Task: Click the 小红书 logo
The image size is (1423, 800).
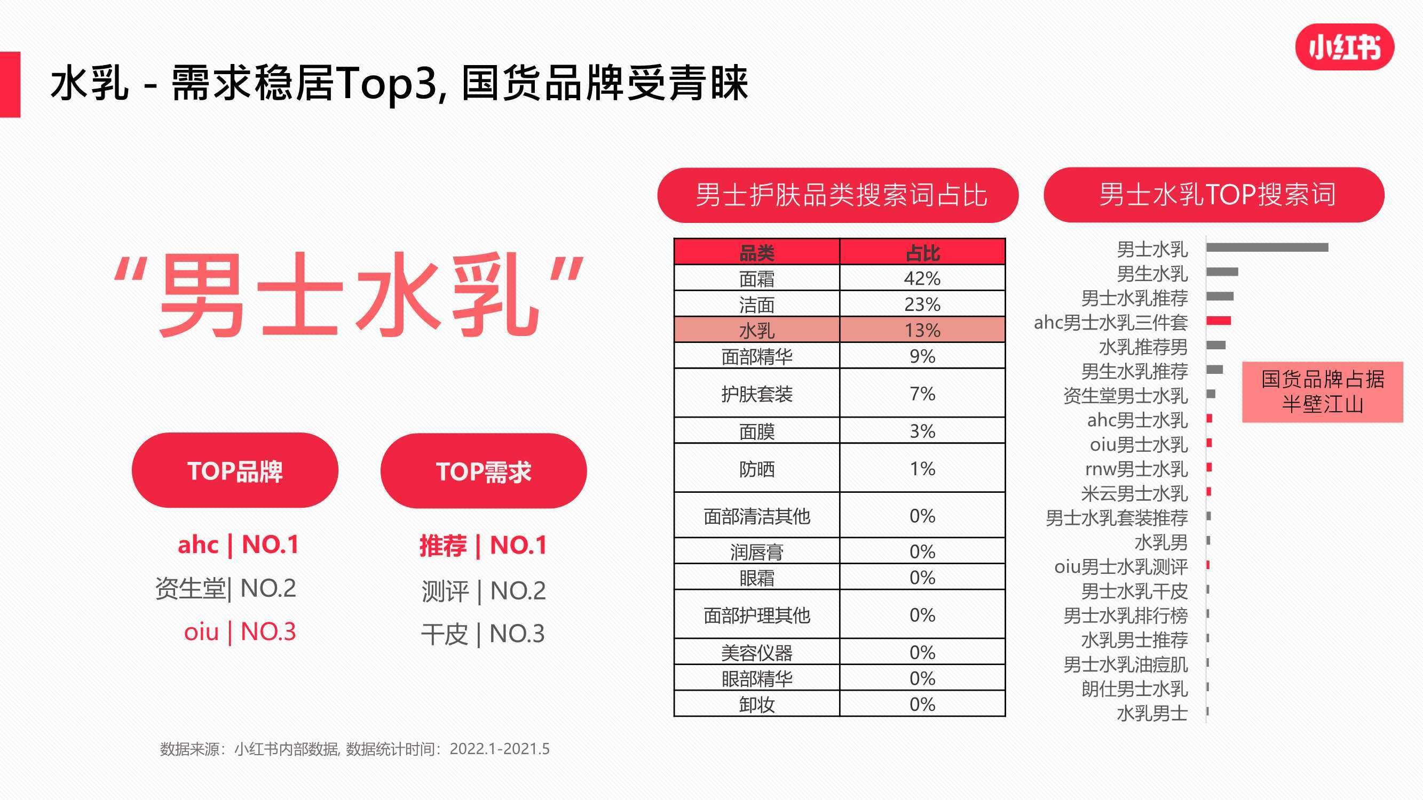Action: (1345, 47)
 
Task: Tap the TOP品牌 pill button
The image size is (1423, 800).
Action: (235, 470)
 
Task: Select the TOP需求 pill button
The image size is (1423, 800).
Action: (484, 471)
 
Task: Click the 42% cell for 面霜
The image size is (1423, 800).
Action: (922, 278)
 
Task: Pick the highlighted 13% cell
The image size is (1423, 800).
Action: (922, 330)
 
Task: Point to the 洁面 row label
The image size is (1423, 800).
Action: (757, 304)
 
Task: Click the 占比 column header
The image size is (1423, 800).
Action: (922, 252)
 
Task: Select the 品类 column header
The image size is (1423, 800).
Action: (757, 252)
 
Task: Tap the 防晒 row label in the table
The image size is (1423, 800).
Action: (757, 469)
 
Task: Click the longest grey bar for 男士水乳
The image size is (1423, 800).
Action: (1267, 247)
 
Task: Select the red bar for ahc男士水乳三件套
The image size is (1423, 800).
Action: (1219, 321)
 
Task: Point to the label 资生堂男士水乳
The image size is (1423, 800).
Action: (1125, 396)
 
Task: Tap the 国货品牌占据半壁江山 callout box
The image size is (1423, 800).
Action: (1323, 392)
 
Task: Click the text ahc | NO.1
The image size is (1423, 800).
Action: (238, 545)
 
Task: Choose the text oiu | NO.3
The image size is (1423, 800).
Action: (240, 631)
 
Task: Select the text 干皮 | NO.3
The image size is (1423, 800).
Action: (483, 634)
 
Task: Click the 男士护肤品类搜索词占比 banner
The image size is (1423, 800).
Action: (838, 195)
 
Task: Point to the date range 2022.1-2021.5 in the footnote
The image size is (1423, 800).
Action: (500, 749)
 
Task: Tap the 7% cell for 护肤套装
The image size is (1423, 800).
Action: (922, 393)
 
